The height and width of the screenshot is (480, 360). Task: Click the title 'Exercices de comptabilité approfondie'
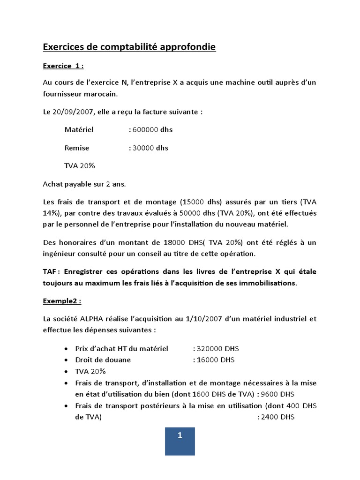(x=129, y=47)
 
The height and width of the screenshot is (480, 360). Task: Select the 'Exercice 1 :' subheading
(x=63, y=66)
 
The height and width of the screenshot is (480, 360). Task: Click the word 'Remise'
(x=77, y=148)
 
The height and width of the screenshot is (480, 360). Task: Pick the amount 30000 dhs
(x=150, y=148)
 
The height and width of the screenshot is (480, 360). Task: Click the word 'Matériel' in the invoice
(x=79, y=129)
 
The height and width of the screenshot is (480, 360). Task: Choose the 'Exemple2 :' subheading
(x=61, y=301)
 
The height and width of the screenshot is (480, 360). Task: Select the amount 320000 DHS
(x=215, y=349)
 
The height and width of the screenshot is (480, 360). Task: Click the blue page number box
(x=180, y=441)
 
